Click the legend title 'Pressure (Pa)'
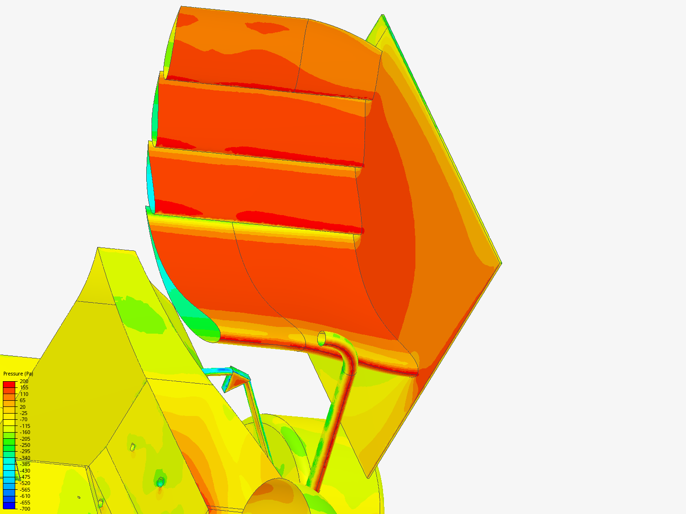[18, 374]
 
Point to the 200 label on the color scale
[24, 381]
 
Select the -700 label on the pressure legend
[25, 509]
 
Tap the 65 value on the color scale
[22, 400]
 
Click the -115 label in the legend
[25, 426]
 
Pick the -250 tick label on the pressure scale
[25, 445]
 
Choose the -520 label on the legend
[25, 484]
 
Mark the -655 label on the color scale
[25, 503]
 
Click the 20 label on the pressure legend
[22, 407]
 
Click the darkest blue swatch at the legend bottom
[9, 505]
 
